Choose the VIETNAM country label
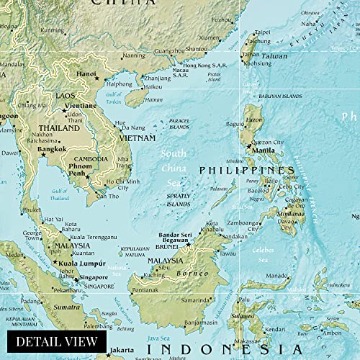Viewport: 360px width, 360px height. (136, 138)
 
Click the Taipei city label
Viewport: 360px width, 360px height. (263, 32)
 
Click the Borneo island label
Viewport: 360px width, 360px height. (198, 274)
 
